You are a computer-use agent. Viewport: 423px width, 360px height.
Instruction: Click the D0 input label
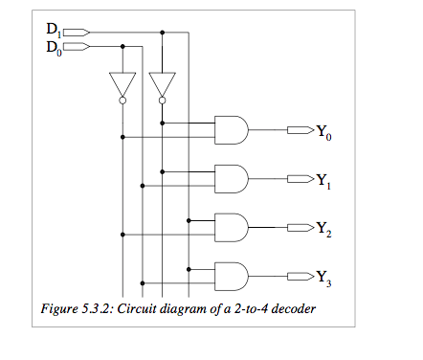click(54, 46)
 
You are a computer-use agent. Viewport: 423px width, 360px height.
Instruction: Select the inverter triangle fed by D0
click(122, 82)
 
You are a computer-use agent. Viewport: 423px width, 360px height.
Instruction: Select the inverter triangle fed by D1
click(162, 82)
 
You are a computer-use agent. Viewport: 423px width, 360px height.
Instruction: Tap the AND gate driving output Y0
click(232, 129)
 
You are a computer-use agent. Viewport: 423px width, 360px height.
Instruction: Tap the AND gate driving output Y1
click(232, 178)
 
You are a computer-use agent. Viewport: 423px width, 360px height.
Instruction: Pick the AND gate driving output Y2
click(232, 227)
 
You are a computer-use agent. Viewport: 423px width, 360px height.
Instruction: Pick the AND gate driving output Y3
click(232, 276)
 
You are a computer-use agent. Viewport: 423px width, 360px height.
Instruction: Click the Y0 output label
click(323, 131)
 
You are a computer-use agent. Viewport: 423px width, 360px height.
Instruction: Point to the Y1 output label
click(323, 180)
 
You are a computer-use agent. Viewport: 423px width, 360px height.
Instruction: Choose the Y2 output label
click(323, 229)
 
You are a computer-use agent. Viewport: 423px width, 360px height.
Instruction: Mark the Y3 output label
click(323, 278)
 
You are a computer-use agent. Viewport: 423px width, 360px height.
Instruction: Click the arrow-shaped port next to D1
click(77, 33)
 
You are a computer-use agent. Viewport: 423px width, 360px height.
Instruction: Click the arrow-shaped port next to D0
click(77, 45)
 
